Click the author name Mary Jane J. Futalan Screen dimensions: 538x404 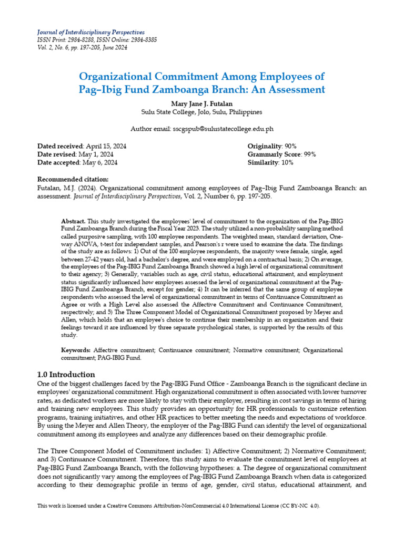coord(202,102)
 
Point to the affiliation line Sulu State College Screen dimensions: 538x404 coord(202,112)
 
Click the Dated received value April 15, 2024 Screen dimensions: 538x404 coord(105,146)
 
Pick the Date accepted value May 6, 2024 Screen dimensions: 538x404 coord(99,163)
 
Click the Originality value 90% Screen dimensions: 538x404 coord(290,146)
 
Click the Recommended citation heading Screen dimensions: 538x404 coord(73,180)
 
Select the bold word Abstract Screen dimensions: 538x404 coord(73,222)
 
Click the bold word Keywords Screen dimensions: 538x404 coord(76,350)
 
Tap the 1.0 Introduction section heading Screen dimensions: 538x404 coord(66,375)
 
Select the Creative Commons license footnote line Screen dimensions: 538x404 coord(179,505)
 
